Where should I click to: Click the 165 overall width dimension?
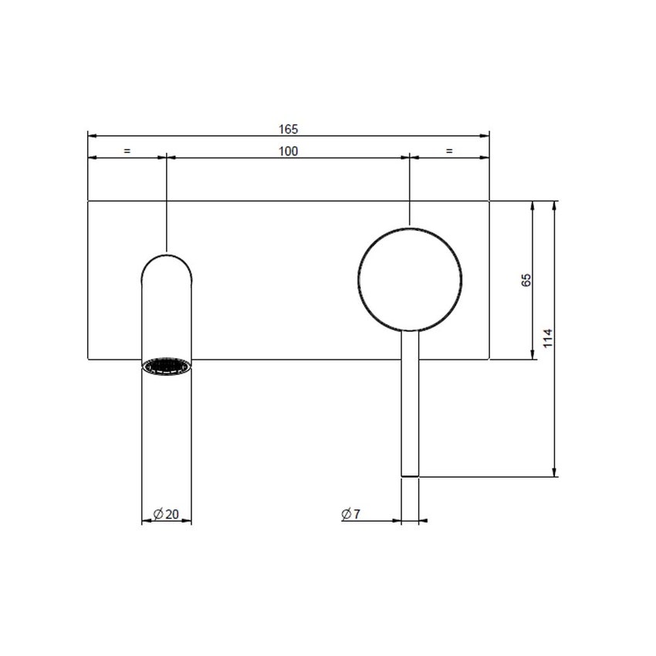click(289, 129)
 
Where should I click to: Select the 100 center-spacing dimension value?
click(288, 151)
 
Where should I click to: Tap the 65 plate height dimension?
click(526, 280)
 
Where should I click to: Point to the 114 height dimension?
click(548, 337)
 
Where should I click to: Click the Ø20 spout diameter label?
click(166, 514)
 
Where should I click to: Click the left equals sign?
click(127, 151)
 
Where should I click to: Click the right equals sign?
click(449, 151)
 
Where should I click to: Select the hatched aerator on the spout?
click(167, 366)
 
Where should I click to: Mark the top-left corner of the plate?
click(88, 201)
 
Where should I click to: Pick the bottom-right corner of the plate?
click(489, 359)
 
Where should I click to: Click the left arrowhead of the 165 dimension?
click(92, 136)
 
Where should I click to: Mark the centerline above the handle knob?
click(410, 193)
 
